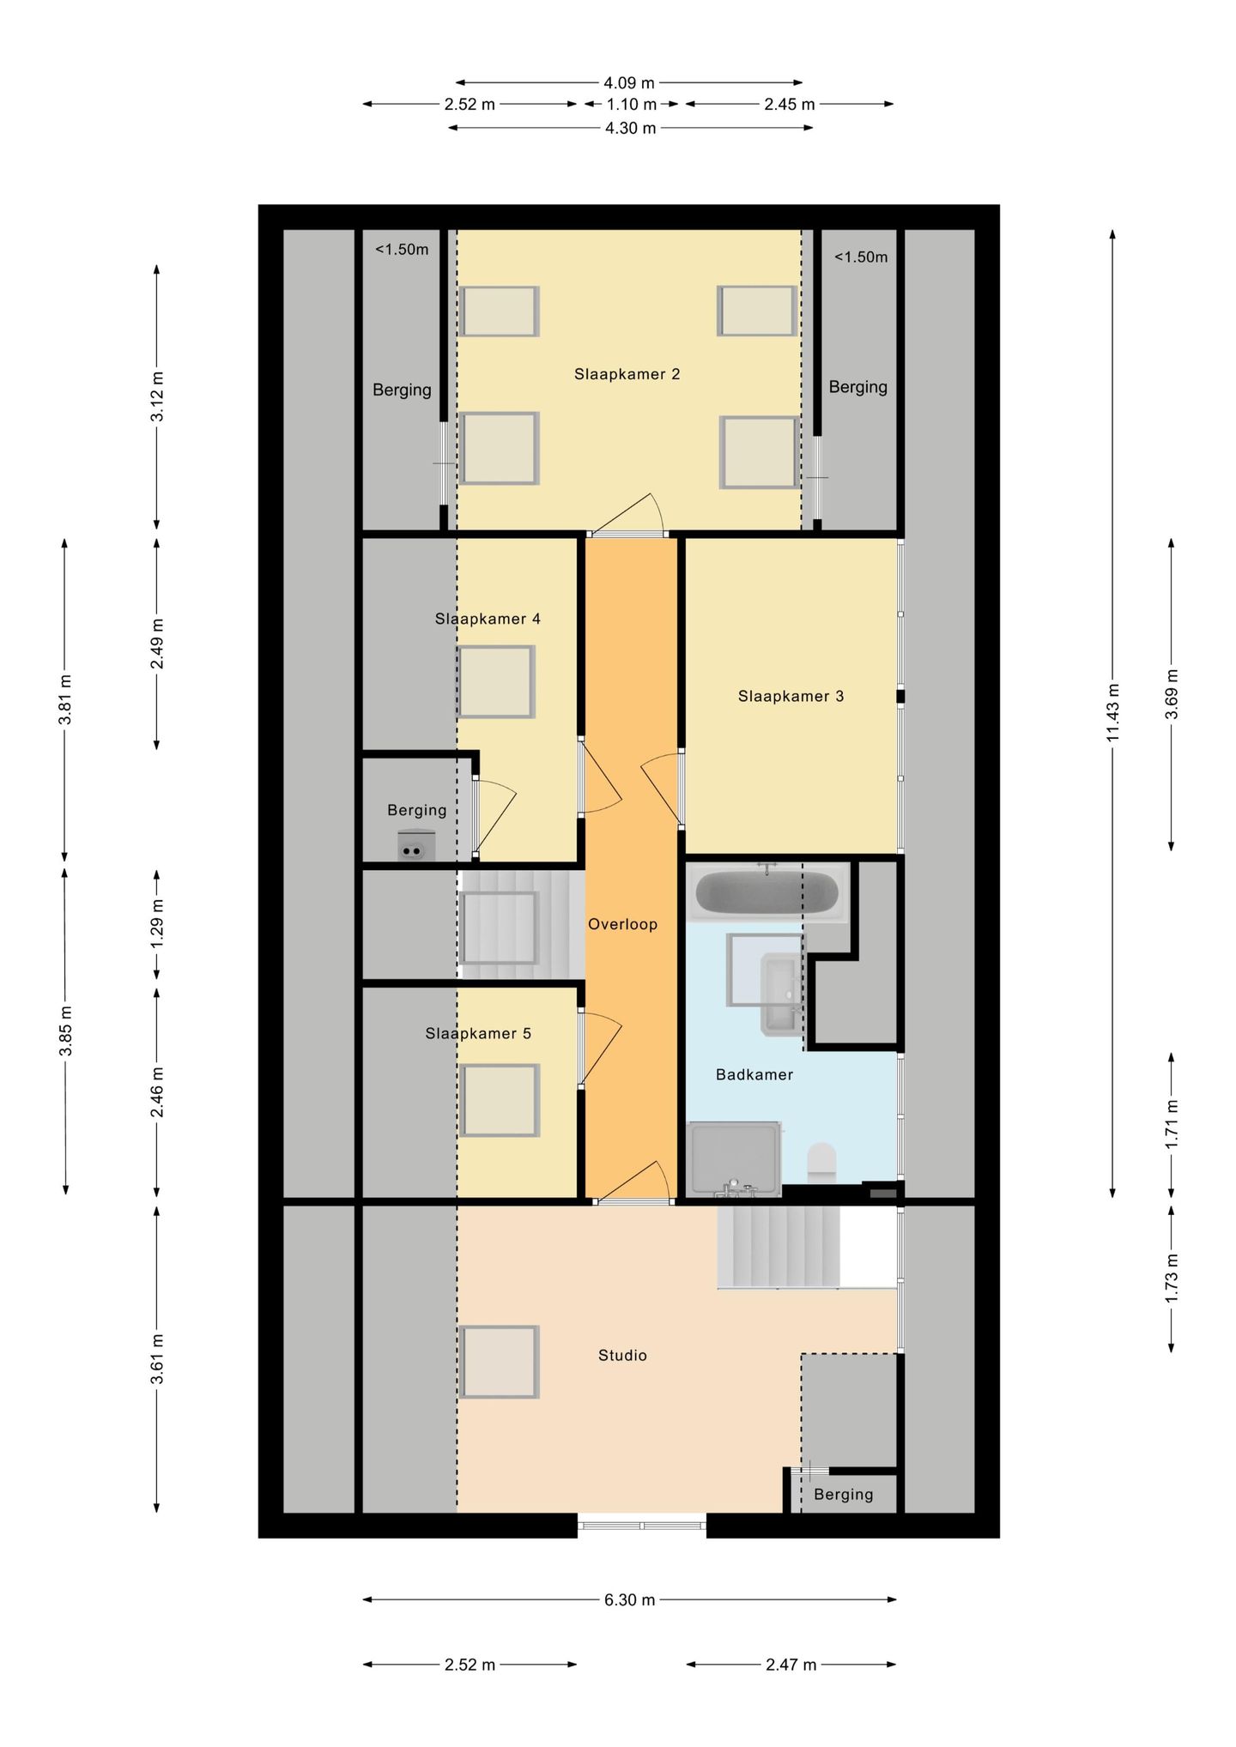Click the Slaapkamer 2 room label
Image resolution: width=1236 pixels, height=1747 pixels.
click(627, 374)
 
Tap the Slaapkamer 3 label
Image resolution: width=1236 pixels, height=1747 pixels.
click(791, 697)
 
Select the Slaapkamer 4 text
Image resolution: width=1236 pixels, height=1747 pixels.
click(488, 619)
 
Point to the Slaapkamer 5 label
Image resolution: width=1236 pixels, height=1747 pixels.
click(478, 1034)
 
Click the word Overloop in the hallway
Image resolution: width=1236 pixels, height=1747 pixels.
click(622, 924)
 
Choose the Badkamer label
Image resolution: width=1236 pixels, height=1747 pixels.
click(754, 1074)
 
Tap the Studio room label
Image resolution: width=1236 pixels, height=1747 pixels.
click(622, 1356)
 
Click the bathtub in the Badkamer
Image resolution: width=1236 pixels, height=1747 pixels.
click(767, 893)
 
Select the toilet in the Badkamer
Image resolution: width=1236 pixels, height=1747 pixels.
click(821, 1163)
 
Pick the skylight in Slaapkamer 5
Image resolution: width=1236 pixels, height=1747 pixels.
click(499, 1101)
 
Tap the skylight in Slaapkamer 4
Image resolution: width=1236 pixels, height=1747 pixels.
click(496, 682)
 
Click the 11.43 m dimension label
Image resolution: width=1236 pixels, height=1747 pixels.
click(1113, 712)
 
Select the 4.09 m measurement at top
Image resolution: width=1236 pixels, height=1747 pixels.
click(628, 83)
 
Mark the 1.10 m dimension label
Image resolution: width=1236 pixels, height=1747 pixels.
click(632, 105)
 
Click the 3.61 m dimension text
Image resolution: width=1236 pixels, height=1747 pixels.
click(157, 1359)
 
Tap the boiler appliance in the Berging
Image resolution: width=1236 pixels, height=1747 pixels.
click(416, 845)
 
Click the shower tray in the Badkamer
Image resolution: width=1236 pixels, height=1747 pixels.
click(734, 1158)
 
